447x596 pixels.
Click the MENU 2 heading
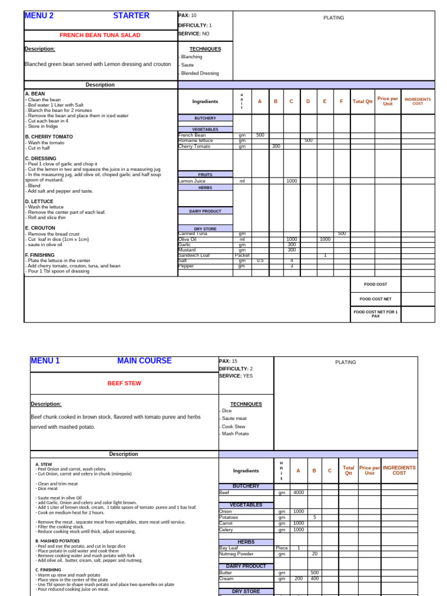tap(39, 16)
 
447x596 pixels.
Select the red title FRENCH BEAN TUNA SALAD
tap(100, 36)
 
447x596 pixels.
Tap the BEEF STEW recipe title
tap(124, 384)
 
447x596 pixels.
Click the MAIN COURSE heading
tap(144, 361)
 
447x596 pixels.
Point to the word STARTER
tap(131, 16)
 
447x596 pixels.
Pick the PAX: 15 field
tap(228, 361)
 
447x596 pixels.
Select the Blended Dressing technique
tap(200, 73)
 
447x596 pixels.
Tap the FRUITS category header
tap(205, 174)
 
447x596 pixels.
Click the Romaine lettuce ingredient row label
tap(196, 140)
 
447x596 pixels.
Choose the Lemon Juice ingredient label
tap(194, 181)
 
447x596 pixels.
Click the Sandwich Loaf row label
tap(196, 255)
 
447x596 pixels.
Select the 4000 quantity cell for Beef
tap(298, 492)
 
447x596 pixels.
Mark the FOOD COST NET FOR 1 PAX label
tap(375, 314)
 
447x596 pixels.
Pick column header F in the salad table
tap(341, 101)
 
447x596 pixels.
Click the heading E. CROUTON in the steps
tap(40, 228)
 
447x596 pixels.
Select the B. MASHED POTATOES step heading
tap(56, 541)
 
